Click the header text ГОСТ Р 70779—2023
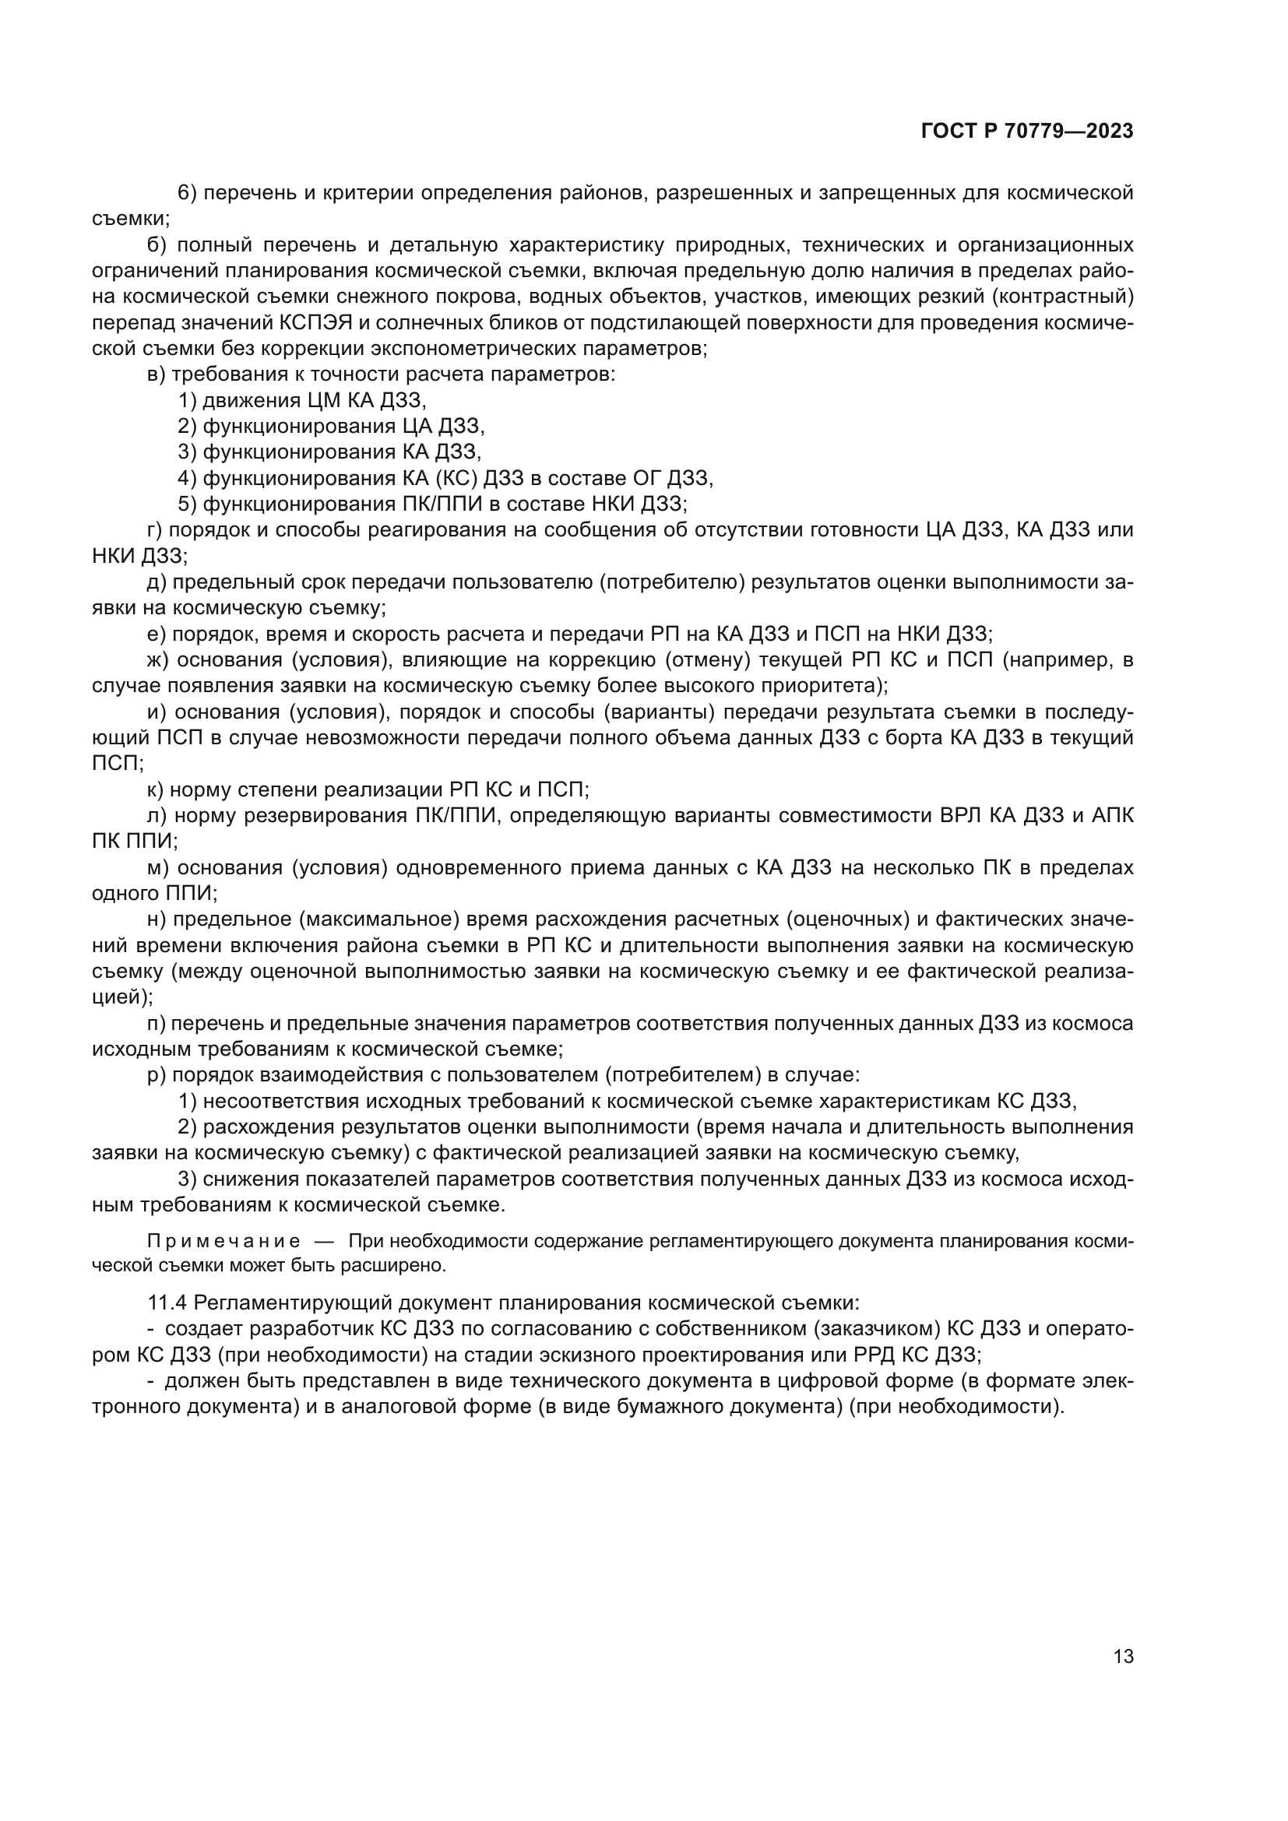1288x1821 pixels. [x=1027, y=132]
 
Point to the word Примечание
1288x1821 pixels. [x=223, y=1241]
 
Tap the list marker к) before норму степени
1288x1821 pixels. [x=156, y=789]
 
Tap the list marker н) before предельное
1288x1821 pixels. [x=157, y=919]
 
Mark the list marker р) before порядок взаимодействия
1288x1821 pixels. [x=157, y=1075]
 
